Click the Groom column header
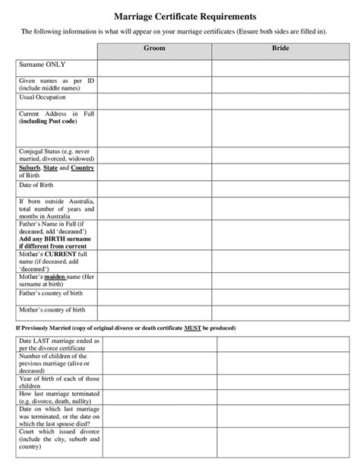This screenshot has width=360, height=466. coord(154,48)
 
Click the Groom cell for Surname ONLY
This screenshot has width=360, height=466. coord(154,68)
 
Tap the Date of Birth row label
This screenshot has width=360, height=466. coord(39,185)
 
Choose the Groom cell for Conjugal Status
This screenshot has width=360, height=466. coord(154,155)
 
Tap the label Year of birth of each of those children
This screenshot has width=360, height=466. coord(58,382)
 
